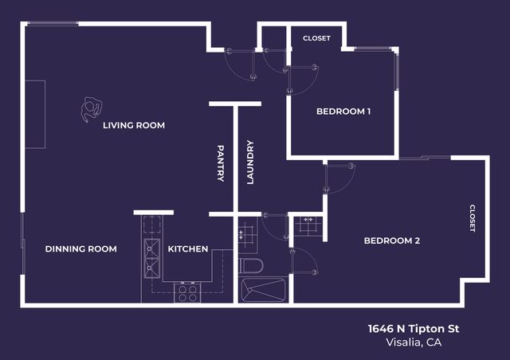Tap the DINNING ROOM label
pos(80,249)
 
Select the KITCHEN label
pos(188,249)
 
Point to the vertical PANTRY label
pos(221,163)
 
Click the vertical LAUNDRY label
pos(249,162)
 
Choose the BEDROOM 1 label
pos(343,112)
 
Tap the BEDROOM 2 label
pos(391,241)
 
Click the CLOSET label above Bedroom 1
pos(316,38)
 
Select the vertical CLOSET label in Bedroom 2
pos(472,218)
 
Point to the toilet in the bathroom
pos(249,265)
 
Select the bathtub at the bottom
pos(261,290)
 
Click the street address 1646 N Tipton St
pos(414,328)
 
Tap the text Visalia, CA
pos(413,342)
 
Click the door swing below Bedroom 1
pos(339,178)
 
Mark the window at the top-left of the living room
pos(53,23)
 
